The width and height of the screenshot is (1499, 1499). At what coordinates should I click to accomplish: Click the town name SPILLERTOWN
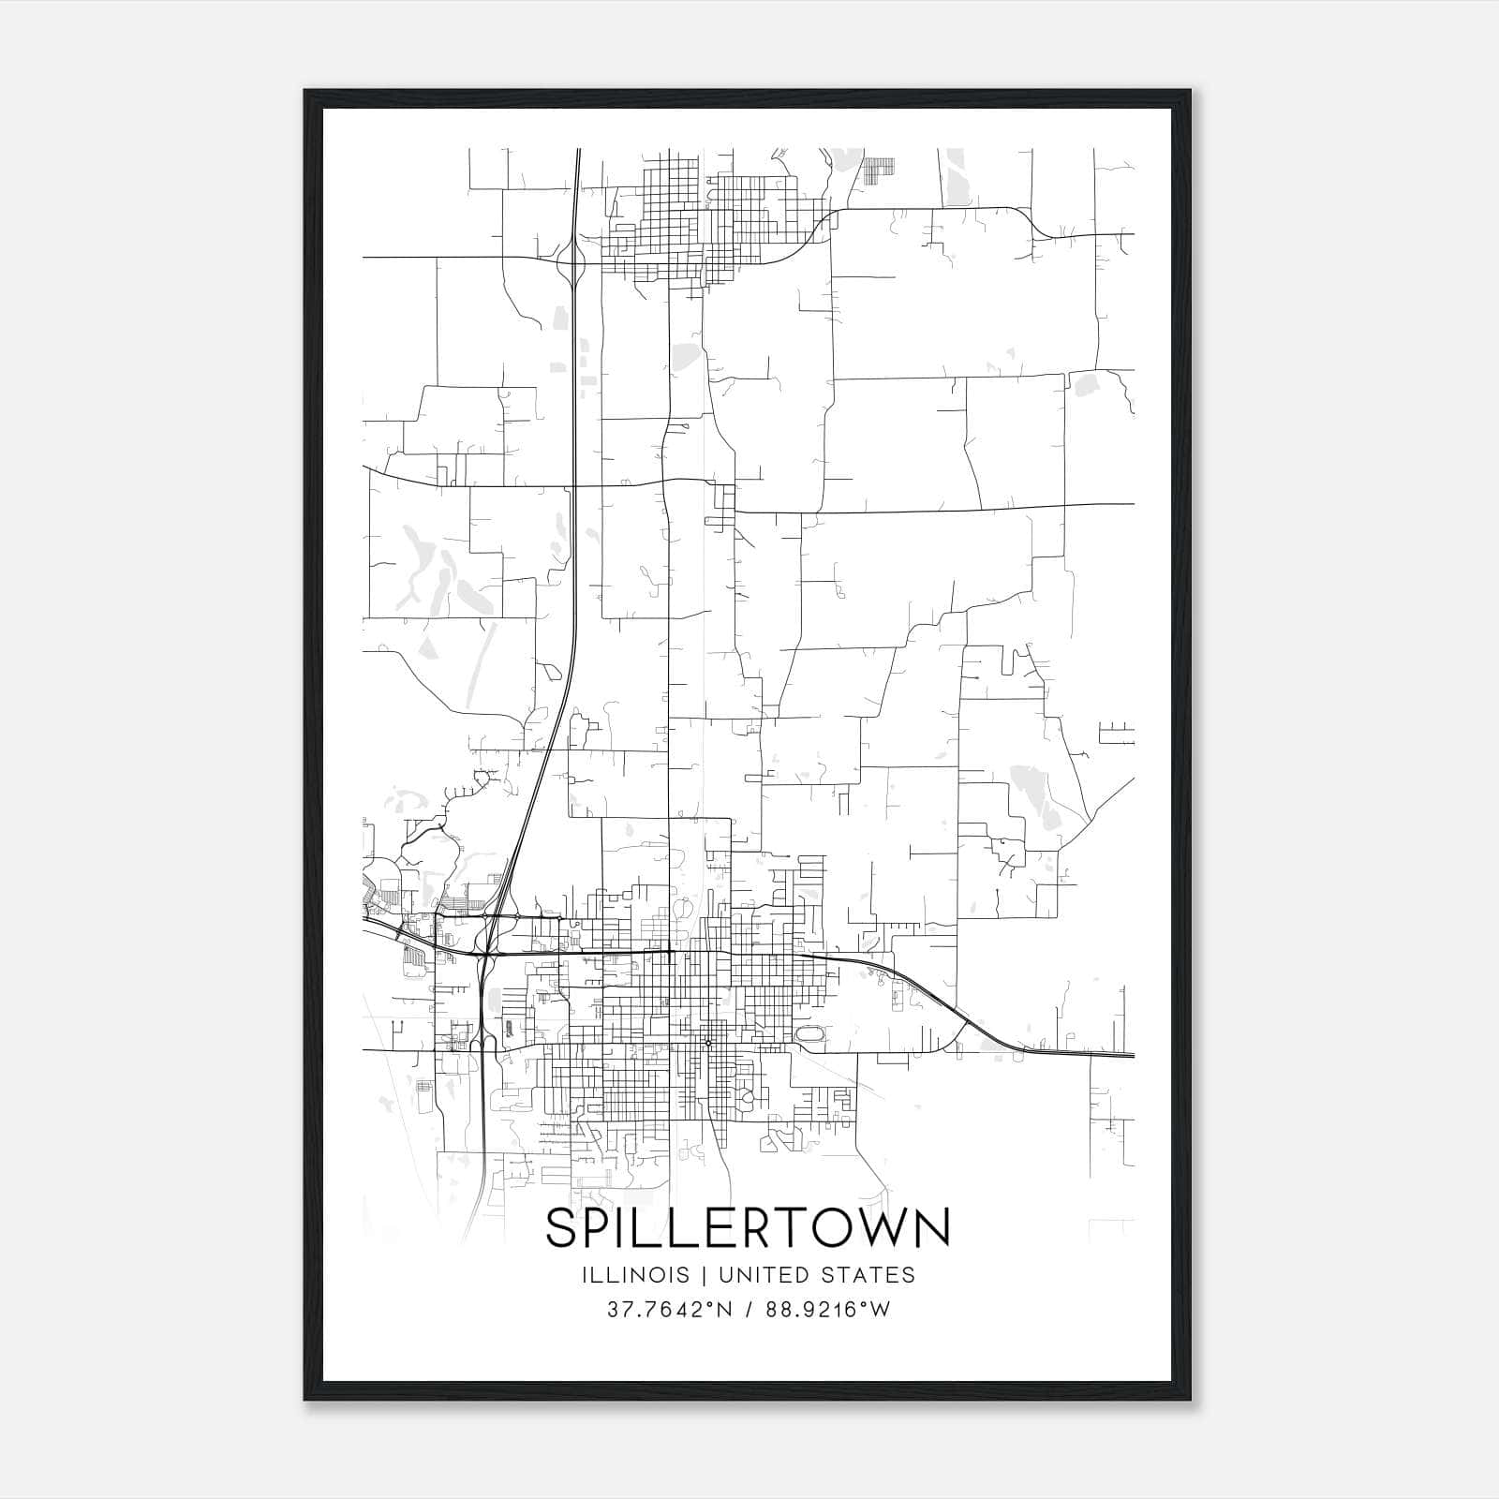(748, 1228)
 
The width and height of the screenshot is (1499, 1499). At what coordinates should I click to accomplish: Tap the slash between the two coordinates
(747, 1310)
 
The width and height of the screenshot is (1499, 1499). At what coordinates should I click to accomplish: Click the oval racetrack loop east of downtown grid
(809, 1034)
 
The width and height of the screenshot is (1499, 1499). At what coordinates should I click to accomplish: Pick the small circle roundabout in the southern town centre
(708, 1042)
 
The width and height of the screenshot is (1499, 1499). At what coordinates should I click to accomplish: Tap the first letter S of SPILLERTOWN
(561, 1228)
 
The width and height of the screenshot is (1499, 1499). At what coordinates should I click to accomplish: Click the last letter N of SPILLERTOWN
(932, 1228)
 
